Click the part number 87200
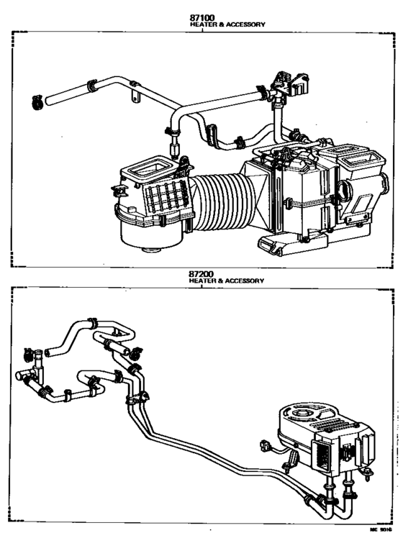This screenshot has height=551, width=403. (x=202, y=274)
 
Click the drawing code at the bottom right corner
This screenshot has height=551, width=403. (x=381, y=529)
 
